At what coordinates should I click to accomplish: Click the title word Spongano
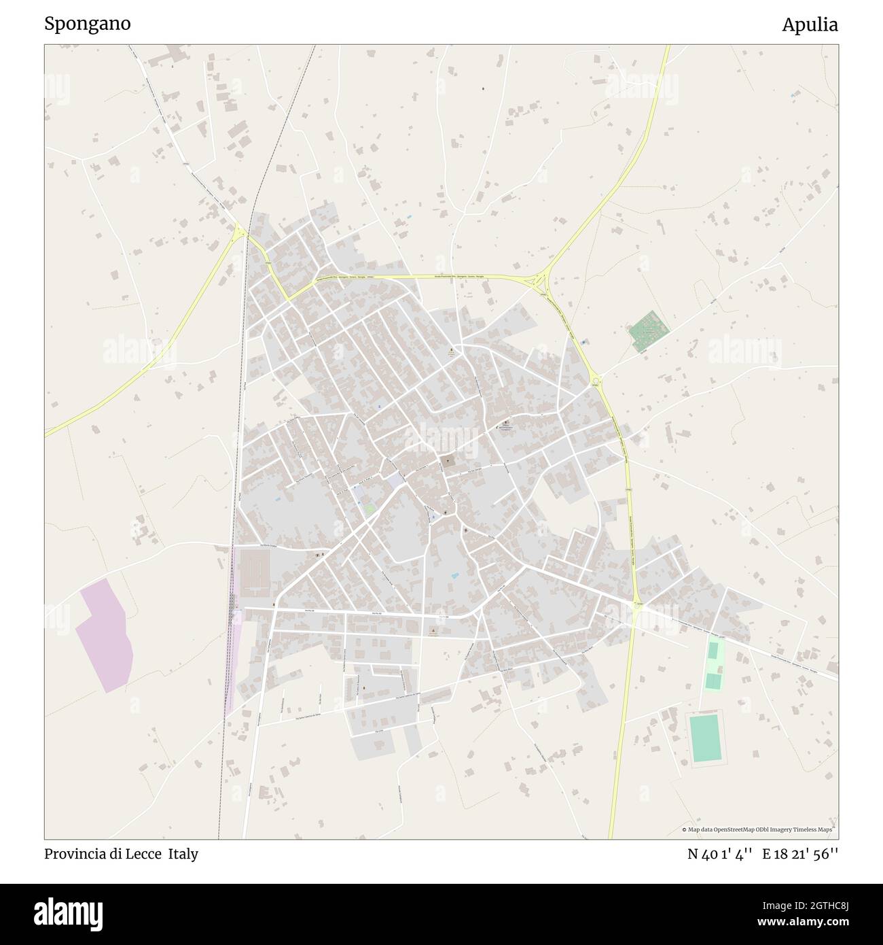[x=88, y=23]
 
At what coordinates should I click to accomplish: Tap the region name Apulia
[x=809, y=24]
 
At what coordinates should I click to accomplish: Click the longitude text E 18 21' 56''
[x=800, y=854]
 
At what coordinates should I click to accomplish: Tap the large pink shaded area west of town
[x=105, y=635]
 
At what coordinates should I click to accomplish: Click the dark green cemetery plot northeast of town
[x=649, y=330]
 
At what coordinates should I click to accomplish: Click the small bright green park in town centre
[x=370, y=509]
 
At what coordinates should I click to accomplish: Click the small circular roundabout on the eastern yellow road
[x=596, y=381]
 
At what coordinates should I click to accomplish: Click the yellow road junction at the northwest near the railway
[x=239, y=233]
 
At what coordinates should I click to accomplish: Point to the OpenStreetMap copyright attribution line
[x=757, y=829]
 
